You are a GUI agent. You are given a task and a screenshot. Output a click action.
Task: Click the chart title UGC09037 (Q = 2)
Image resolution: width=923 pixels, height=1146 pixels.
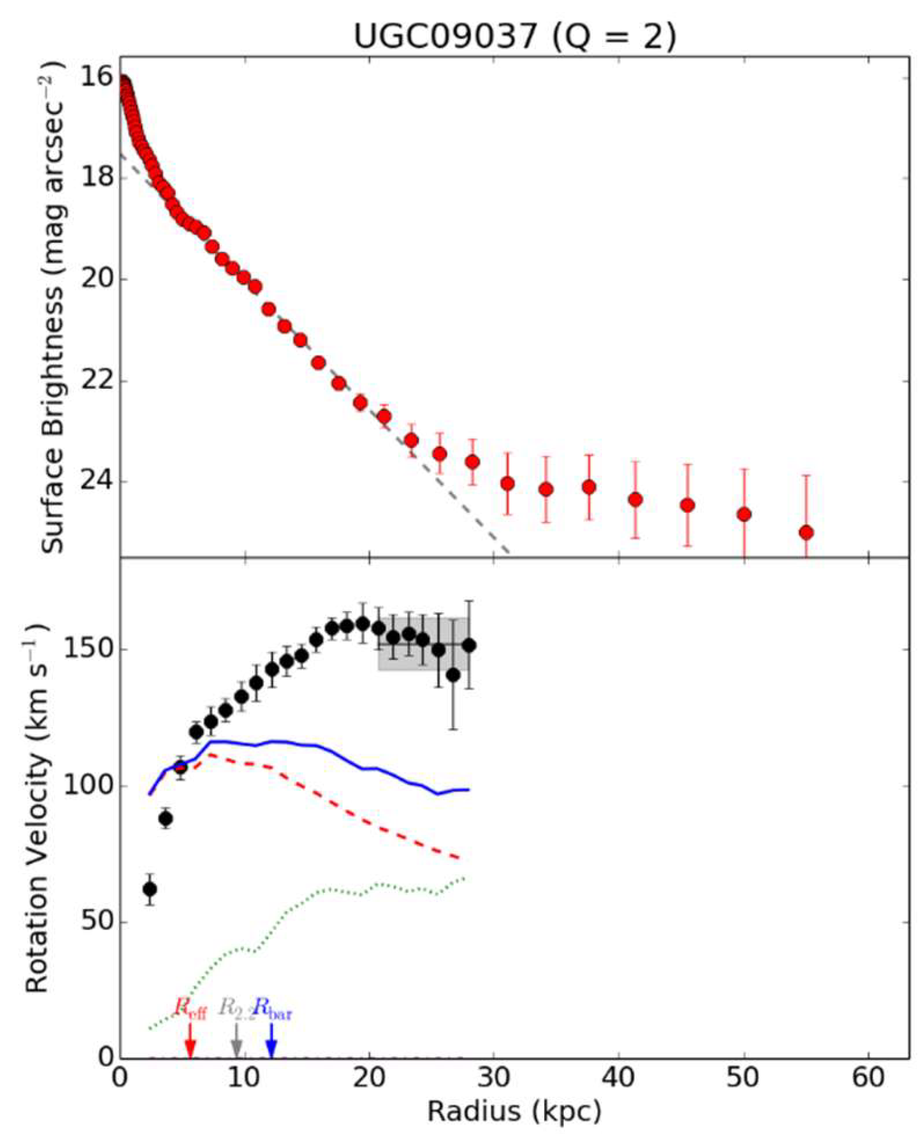tap(514, 36)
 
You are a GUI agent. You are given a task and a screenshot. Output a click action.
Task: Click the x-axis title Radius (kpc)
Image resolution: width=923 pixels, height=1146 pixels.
tap(514, 1110)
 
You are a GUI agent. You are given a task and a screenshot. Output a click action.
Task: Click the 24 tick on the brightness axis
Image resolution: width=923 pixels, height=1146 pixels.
tap(98, 482)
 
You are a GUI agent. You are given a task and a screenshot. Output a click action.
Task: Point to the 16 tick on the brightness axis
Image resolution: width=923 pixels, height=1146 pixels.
tap(98, 77)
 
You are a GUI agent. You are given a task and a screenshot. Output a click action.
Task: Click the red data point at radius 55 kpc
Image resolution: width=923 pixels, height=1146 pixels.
tap(806, 532)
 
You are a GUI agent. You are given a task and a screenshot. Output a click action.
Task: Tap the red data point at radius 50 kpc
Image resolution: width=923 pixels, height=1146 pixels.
tap(744, 514)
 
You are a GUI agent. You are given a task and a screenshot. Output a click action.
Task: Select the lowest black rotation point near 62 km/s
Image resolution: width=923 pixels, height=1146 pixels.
tap(150, 889)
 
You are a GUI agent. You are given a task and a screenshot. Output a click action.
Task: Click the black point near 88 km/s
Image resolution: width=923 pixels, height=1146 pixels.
tap(165, 819)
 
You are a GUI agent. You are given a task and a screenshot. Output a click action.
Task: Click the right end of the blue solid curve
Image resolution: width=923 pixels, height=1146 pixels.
tap(468, 790)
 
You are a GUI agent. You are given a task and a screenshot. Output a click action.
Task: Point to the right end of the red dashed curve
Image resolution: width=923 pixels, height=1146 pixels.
tap(459, 858)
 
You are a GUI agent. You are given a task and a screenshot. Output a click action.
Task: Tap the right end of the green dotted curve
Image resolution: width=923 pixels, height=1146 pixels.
tap(463, 878)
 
